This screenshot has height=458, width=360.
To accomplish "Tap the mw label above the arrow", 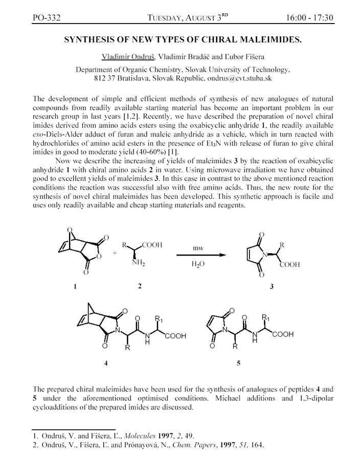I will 198,248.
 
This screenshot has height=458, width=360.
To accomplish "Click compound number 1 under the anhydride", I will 75,287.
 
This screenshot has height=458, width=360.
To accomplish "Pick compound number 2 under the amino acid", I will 140,286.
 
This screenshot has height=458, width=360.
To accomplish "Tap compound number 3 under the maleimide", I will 272,287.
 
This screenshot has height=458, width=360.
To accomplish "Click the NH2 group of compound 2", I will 140,264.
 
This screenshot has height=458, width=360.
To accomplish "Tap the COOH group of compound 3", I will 290,265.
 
